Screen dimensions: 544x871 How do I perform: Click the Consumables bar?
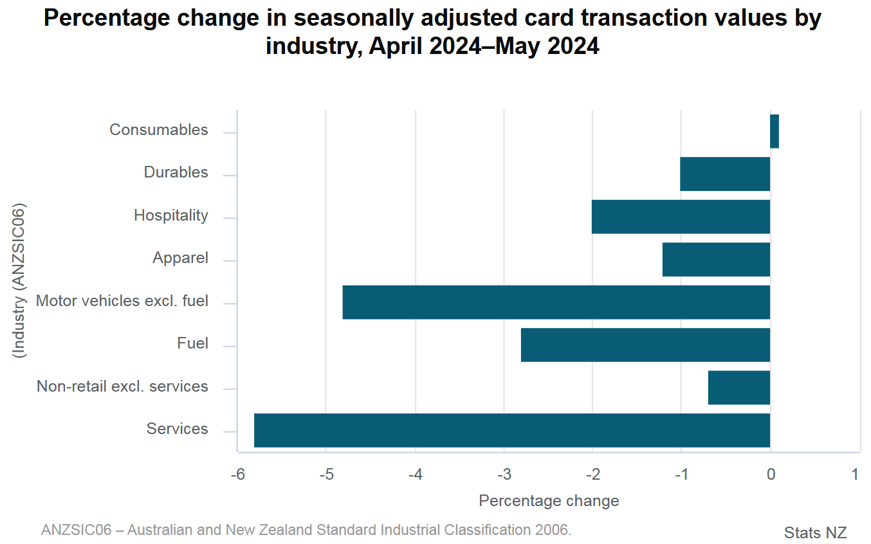pos(774,131)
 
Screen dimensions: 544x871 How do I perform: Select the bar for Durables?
pos(725,174)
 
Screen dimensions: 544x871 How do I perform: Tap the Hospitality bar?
pos(681,217)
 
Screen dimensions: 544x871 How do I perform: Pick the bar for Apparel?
pos(716,259)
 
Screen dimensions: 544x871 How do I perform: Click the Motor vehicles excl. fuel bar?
pos(556,302)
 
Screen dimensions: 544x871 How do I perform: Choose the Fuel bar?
pos(645,345)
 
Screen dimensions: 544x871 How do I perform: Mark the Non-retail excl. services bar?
pos(738,388)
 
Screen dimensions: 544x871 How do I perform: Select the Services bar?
pos(512,430)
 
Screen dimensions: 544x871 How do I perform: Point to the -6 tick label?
pos(238,475)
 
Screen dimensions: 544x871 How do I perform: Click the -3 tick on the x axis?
pos(504,475)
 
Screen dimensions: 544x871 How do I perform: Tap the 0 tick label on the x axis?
pos(771,475)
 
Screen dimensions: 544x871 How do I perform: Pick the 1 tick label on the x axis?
pos(855,475)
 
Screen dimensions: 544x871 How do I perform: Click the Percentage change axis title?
pos(549,501)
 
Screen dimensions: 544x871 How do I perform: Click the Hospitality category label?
pos(170,215)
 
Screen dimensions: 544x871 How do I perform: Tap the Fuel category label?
pos(192,343)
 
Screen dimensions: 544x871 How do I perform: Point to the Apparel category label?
pos(180,258)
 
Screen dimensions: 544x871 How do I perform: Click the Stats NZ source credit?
pos(815,532)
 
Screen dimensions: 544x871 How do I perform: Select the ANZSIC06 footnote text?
pos(306,530)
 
